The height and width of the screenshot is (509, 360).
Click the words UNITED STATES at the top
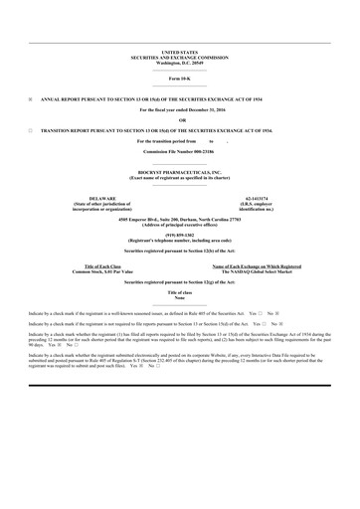coord(179,51)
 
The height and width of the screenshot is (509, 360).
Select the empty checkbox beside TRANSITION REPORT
coord(31,130)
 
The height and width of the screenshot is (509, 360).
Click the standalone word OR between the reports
coord(179,120)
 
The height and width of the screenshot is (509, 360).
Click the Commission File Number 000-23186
coord(179,151)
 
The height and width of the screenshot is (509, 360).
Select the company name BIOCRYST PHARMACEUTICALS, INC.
coord(179,173)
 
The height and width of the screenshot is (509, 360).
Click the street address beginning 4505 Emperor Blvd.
coord(179,218)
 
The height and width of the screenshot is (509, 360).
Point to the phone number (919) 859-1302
coord(179,235)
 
